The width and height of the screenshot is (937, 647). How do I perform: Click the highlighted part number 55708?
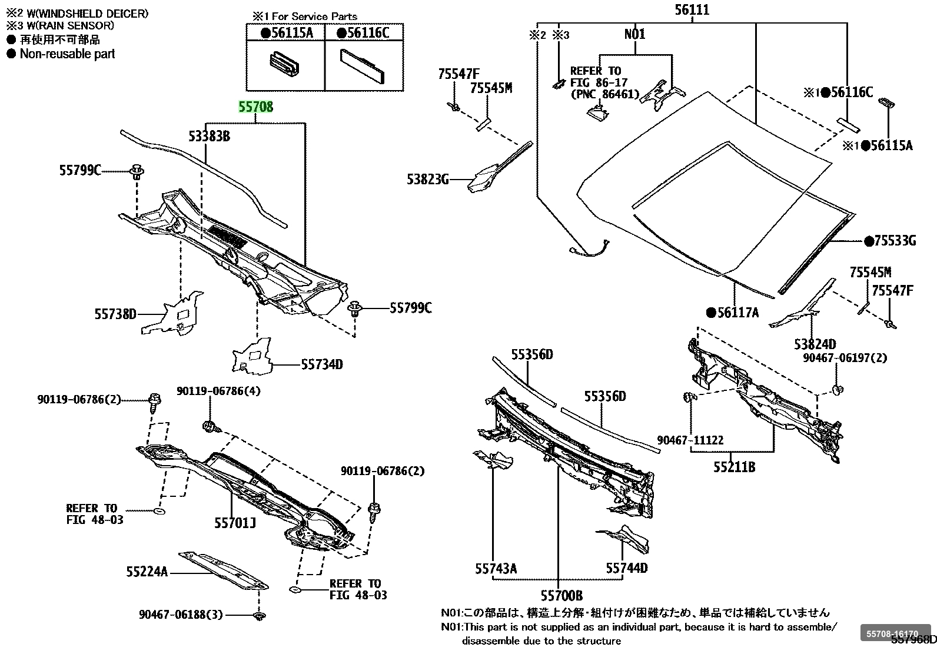[255, 107]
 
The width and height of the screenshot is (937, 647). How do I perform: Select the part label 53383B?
[209, 137]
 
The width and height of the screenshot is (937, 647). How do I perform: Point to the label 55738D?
[115, 314]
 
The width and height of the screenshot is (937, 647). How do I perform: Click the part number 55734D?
[321, 365]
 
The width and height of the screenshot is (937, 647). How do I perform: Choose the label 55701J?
[235, 522]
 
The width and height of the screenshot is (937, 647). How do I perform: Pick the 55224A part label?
[147, 571]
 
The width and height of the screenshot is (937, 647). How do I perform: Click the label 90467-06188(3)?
[181, 615]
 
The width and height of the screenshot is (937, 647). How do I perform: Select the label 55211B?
[734, 467]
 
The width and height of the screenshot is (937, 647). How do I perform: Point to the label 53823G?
[427, 178]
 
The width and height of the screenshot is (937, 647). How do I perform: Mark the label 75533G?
[895, 240]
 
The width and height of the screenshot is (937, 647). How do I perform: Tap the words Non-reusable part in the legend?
[67, 54]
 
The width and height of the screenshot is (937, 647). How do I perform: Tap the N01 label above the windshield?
[634, 34]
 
